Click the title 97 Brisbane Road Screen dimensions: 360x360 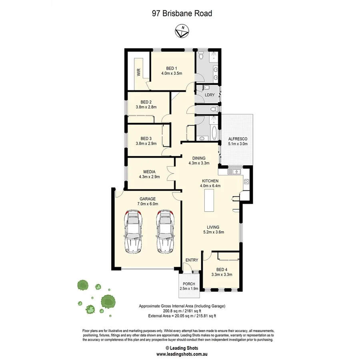(x=182, y=13)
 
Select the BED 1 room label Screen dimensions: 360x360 (x=172, y=68)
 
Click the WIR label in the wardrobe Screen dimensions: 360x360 (x=139, y=72)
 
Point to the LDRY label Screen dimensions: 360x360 (x=210, y=95)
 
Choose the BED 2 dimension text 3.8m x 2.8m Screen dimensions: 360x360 (x=146, y=107)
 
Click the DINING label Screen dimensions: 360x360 (x=199, y=158)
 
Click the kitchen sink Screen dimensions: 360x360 (x=235, y=172)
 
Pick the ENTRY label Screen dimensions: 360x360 (x=192, y=260)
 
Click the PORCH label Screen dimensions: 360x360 (x=189, y=284)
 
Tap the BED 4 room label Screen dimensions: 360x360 (x=222, y=269)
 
